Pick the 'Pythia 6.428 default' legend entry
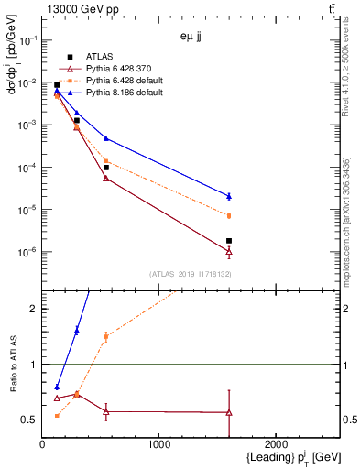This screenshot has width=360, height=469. pos(117,81)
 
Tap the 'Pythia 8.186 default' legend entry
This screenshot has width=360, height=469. pos(117,93)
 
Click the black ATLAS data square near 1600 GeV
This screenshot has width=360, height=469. pos(229,241)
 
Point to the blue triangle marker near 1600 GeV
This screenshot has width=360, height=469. pos(229,196)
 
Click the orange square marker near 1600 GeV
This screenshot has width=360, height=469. pos(229,216)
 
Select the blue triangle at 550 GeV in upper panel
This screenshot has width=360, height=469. pos(106,138)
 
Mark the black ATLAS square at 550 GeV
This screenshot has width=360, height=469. pos(106,168)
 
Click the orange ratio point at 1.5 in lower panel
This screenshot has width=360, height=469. pos(106,336)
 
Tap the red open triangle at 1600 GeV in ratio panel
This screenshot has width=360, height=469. pos(229,413)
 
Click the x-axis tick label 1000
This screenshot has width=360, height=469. pos(159,444)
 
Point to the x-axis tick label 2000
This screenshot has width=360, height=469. pos(278,444)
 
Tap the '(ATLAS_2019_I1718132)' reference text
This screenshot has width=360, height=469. pos(191,274)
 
